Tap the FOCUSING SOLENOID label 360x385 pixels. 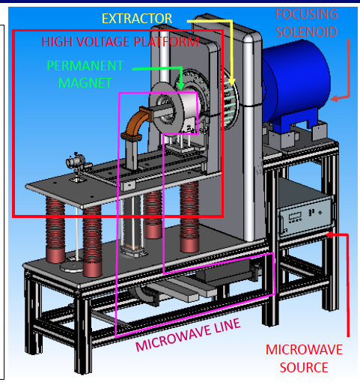307,23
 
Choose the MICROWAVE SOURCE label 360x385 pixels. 297,359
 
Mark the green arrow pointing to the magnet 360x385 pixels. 157,69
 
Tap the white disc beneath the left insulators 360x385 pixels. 73,265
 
